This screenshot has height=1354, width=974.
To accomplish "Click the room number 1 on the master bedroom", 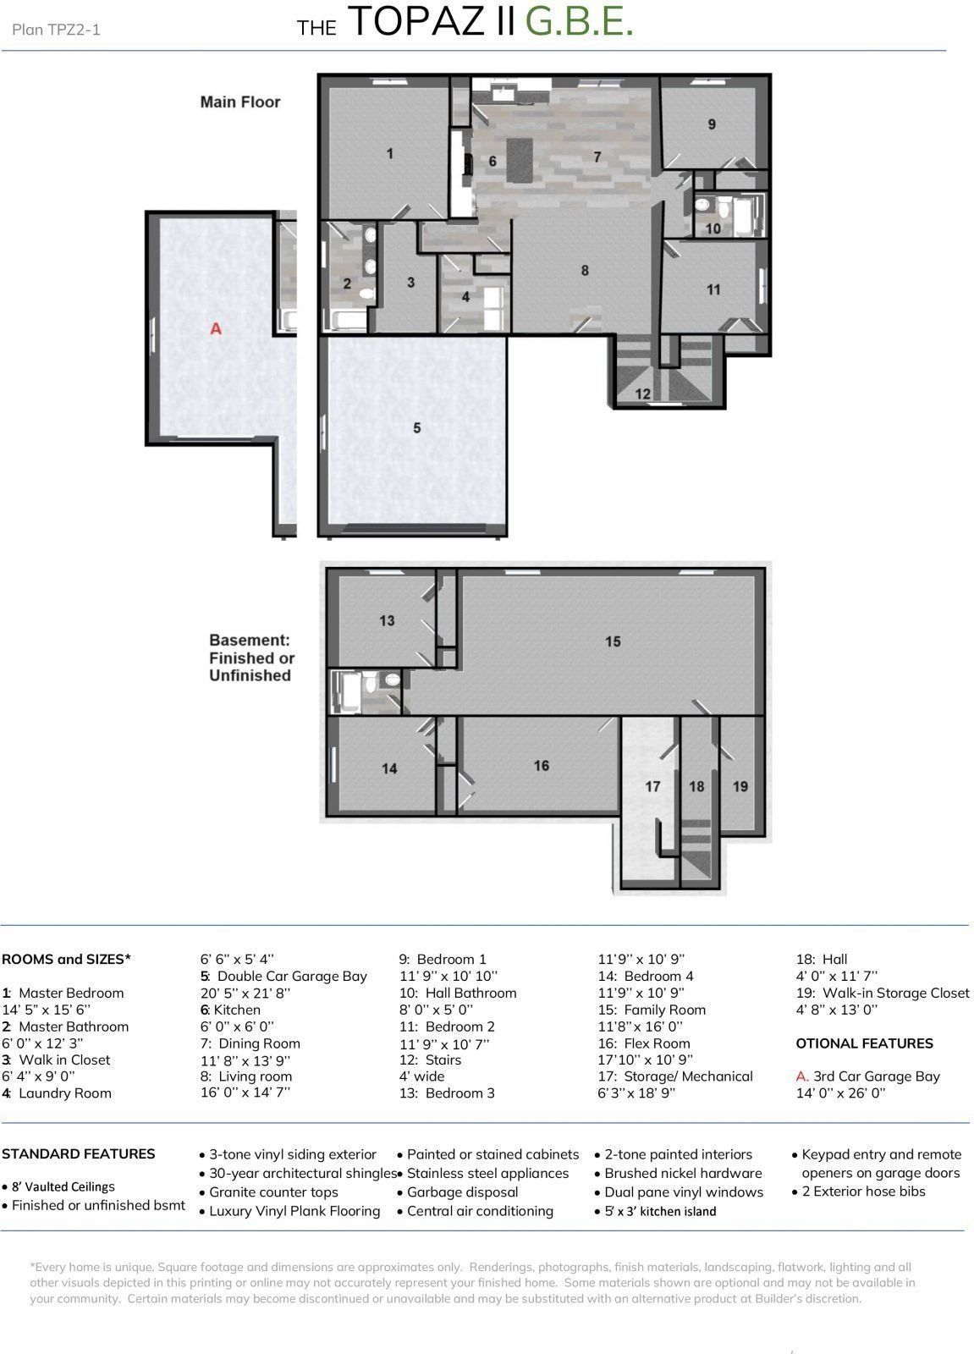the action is pyautogui.click(x=390, y=153).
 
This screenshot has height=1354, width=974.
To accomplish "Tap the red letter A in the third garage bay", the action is pyautogui.click(x=216, y=329).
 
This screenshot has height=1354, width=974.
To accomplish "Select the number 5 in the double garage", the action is pyautogui.click(x=416, y=428).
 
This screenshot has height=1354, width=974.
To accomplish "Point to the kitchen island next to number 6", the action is pyautogui.click(x=520, y=160).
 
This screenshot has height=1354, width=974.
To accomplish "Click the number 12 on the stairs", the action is pyautogui.click(x=642, y=394).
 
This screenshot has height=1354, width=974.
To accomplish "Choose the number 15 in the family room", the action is pyautogui.click(x=613, y=641).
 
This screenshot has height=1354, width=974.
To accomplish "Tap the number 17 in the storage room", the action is pyautogui.click(x=652, y=786).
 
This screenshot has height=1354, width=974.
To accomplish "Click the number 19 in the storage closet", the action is pyautogui.click(x=740, y=786).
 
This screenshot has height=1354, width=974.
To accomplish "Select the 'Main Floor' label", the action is pyautogui.click(x=240, y=102).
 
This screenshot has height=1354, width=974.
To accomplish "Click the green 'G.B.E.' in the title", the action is pyautogui.click(x=579, y=22).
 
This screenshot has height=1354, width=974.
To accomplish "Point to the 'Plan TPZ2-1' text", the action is pyautogui.click(x=56, y=30).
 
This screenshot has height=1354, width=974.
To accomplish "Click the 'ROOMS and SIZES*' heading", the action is pyautogui.click(x=67, y=960).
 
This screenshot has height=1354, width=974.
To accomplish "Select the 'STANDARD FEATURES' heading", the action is pyautogui.click(x=79, y=1153).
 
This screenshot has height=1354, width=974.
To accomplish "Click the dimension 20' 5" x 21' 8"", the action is pyautogui.click(x=245, y=993).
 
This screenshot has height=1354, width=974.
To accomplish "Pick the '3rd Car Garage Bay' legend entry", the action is pyautogui.click(x=868, y=1076).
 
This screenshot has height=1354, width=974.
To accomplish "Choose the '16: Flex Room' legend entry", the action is pyautogui.click(x=644, y=1043).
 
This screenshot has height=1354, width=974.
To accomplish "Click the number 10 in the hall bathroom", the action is pyautogui.click(x=713, y=228).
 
